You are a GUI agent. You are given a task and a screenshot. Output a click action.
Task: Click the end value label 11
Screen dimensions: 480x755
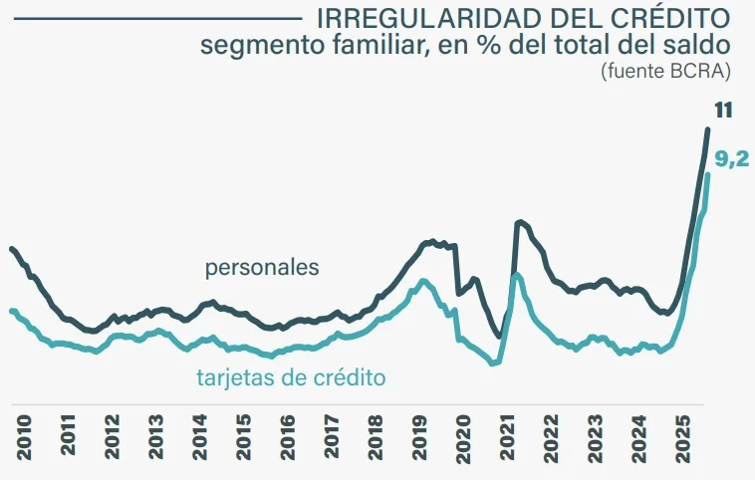point(723,110)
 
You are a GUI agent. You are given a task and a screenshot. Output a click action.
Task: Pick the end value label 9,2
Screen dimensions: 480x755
point(732,156)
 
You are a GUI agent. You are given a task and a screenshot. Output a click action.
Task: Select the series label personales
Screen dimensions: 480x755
point(262,268)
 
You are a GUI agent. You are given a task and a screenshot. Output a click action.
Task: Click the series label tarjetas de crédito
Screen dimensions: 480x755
point(291,377)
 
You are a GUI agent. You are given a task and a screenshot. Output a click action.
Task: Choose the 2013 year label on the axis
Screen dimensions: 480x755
point(156,439)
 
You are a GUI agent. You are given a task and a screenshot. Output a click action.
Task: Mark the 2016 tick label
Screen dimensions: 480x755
point(288,439)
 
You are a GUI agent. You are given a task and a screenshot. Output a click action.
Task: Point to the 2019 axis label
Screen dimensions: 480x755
point(419,439)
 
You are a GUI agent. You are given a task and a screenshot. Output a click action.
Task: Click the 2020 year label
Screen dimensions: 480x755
point(463,439)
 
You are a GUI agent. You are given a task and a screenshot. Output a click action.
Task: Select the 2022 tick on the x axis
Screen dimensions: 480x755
point(551,439)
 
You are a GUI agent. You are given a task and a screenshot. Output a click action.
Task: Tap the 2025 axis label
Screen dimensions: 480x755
point(682,439)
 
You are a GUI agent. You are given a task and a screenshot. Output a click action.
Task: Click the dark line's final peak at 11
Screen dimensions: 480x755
point(708,129)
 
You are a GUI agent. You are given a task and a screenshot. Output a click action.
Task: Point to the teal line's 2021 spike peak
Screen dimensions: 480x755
point(516,274)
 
